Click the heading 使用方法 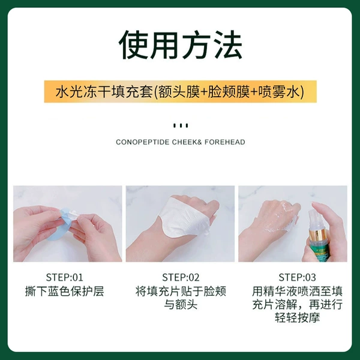tap(181, 45)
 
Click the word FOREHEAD tap(225, 142)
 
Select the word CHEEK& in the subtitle tap(187, 142)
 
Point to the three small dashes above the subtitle tap(181, 125)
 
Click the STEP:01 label tap(64, 277)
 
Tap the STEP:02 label tap(181, 277)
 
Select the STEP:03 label tap(297, 277)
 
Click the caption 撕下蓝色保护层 tap(65, 291)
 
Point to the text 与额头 tap(181, 305)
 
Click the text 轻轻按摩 tap(298, 318)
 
